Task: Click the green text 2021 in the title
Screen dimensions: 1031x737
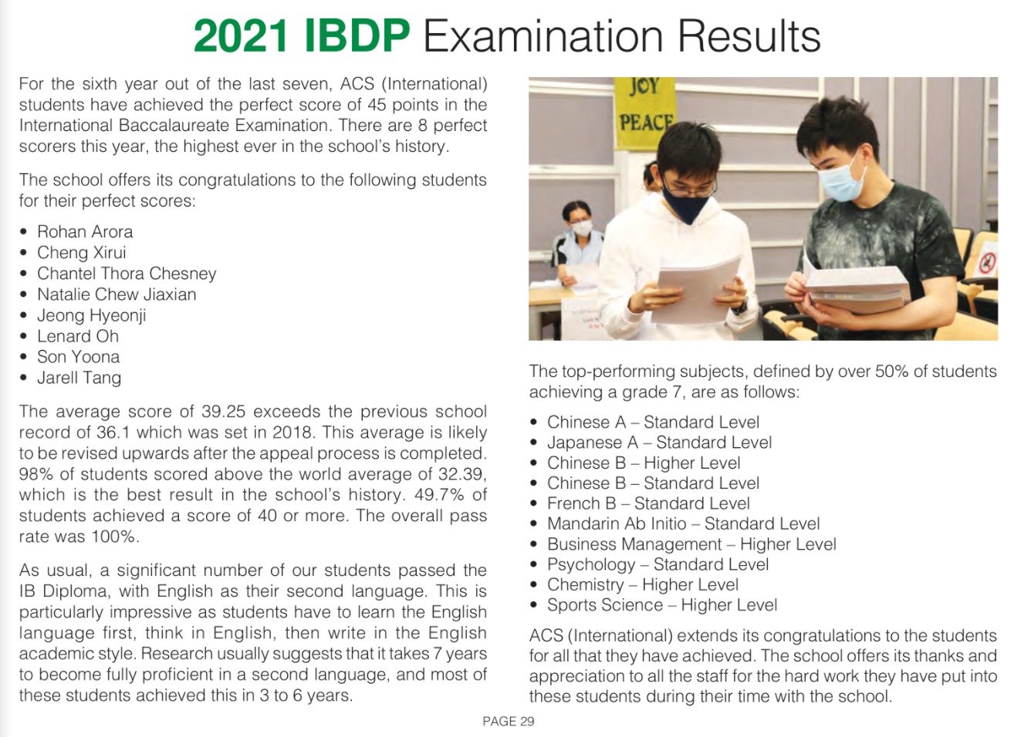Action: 241,36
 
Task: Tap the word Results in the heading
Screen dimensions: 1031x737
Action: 749,36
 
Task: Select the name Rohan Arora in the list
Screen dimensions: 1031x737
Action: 85,232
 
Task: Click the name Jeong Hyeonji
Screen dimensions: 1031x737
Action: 92,315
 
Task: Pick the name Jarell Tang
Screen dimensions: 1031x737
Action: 79,378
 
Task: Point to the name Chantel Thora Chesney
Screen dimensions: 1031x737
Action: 127,274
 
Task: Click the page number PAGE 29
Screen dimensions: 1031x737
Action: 508,722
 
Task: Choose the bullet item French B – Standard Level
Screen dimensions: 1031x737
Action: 648,503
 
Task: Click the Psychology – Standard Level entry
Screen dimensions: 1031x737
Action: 657,564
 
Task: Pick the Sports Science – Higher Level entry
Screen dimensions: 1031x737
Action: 662,605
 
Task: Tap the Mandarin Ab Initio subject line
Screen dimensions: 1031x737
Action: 684,523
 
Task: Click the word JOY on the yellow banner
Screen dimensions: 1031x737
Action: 644,86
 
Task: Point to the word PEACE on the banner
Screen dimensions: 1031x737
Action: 645,122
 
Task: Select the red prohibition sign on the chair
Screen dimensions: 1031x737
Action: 986,262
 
